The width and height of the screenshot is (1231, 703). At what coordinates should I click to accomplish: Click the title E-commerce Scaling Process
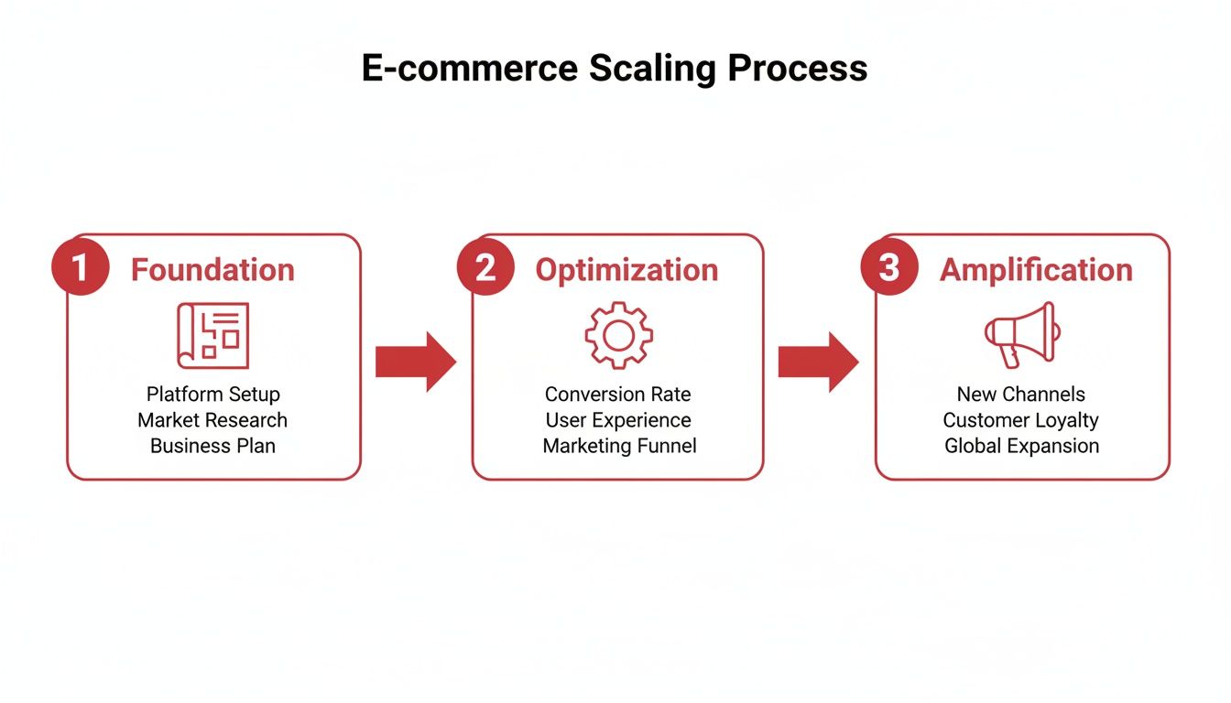click(x=615, y=69)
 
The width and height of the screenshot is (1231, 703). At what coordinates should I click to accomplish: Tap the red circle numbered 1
click(x=81, y=268)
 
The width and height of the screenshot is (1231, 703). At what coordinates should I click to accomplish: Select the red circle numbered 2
click(x=485, y=268)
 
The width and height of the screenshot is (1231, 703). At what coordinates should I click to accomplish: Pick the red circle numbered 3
click(x=889, y=268)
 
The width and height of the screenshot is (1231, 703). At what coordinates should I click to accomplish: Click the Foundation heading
click(x=212, y=270)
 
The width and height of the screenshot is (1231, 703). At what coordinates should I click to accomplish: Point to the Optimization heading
click(x=626, y=270)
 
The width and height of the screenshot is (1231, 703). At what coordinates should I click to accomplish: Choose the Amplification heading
click(x=1036, y=270)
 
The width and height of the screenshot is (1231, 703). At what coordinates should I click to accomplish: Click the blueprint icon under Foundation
click(x=212, y=336)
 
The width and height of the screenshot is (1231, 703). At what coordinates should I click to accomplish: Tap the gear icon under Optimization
click(x=618, y=336)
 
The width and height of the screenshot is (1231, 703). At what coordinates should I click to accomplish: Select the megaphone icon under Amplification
click(x=1021, y=336)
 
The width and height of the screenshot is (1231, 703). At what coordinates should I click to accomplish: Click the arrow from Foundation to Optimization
click(x=415, y=362)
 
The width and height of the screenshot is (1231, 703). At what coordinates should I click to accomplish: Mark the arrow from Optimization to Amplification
click(x=818, y=362)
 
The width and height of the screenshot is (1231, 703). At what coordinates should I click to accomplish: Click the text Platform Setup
click(x=212, y=395)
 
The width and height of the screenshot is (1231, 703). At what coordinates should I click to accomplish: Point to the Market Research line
click(x=212, y=420)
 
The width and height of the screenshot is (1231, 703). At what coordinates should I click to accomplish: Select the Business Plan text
click(x=212, y=446)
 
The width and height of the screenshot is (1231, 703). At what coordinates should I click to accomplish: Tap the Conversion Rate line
click(x=618, y=395)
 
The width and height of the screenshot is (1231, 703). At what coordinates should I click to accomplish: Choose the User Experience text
click(x=618, y=420)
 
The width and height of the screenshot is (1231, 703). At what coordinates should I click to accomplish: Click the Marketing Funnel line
click(x=619, y=446)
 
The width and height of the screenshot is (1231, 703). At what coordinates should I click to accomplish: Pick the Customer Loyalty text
click(x=1021, y=420)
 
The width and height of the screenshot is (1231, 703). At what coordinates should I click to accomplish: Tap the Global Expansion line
click(x=1021, y=446)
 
